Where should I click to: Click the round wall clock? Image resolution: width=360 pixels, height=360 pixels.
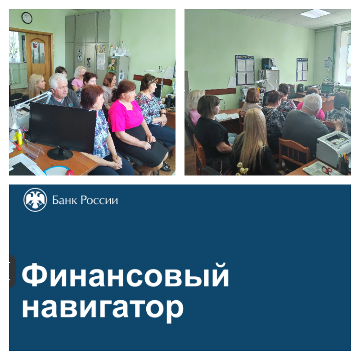tap(27, 18)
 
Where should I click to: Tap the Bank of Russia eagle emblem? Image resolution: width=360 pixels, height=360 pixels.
tap(35, 200)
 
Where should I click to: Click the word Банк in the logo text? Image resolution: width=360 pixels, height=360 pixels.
tap(64, 200)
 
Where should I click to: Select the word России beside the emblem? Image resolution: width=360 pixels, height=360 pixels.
tap(99, 200)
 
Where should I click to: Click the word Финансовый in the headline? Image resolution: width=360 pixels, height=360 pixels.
tap(126, 275)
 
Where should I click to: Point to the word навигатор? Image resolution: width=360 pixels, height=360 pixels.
tap(103, 308)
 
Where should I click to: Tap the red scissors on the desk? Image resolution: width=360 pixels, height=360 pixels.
tap(327, 170)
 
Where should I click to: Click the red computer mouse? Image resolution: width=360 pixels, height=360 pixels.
tap(70, 172)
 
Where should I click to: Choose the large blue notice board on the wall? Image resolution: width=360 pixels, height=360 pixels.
tap(245, 70)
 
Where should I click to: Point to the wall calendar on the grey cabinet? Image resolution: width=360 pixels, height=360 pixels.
tap(101, 58)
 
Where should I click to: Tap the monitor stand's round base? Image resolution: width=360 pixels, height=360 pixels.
tap(60, 154)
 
